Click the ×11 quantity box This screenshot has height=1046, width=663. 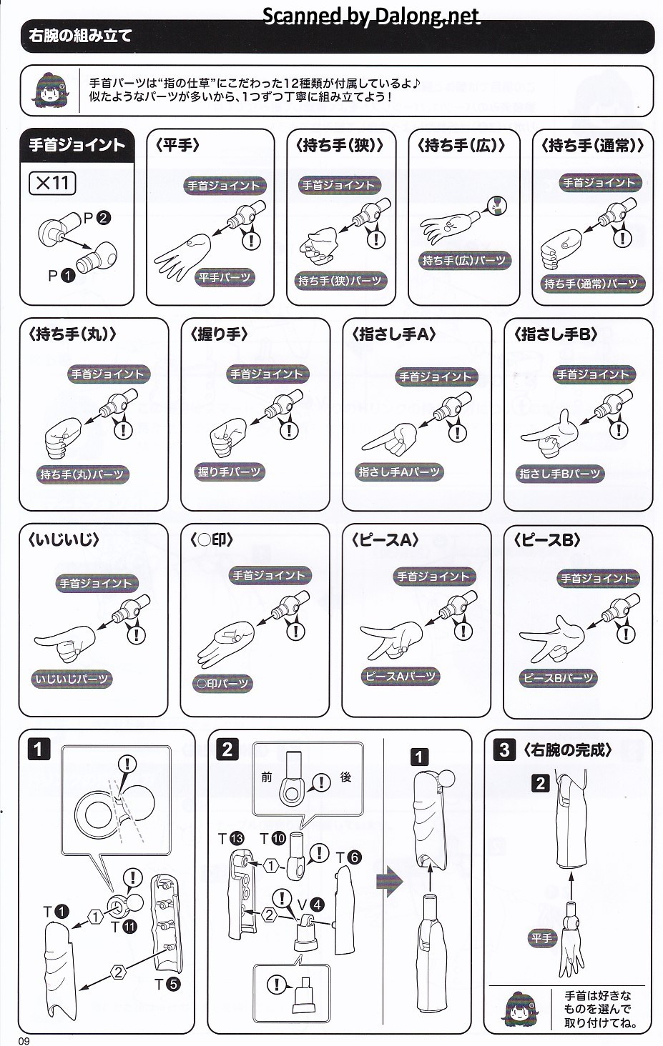click(x=52, y=183)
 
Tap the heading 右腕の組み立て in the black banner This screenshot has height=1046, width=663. click(x=80, y=36)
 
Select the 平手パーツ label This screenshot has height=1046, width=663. click(x=225, y=277)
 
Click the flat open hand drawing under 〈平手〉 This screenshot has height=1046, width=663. click(x=182, y=256)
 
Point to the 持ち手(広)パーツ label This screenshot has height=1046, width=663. click(x=464, y=260)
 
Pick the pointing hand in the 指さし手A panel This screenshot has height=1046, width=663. click(x=390, y=439)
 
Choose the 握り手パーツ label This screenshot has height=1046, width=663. click(x=229, y=472)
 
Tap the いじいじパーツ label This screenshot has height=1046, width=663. click(x=72, y=679)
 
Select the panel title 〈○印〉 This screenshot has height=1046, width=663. click(x=211, y=540)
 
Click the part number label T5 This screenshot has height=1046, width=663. click(x=167, y=985)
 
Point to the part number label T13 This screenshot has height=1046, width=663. click(x=232, y=839)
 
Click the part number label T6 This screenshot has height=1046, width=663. click(x=349, y=857)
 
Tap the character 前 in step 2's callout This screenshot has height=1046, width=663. click(x=267, y=777)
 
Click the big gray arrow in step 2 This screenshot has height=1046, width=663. click(x=390, y=881)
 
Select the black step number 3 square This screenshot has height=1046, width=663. click(x=504, y=749)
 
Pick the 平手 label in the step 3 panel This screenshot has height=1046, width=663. click(x=542, y=937)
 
